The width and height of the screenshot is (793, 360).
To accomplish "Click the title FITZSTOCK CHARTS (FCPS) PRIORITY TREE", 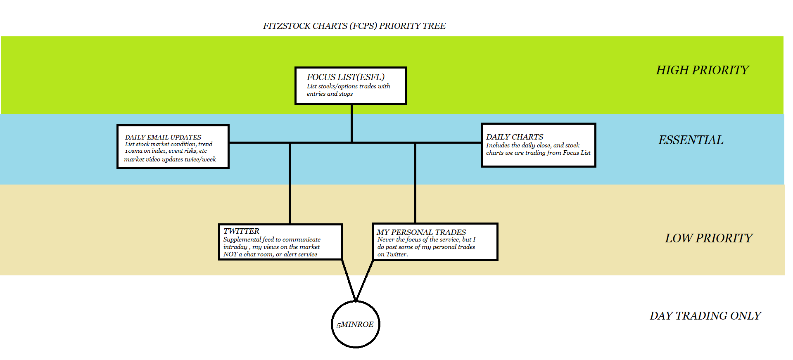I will (x=354, y=26).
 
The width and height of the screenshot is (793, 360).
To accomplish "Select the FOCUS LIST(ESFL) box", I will (x=350, y=86).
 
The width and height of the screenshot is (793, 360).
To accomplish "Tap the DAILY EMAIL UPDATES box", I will (x=173, y=147).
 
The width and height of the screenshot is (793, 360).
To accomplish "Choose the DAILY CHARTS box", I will (x=538, y=145).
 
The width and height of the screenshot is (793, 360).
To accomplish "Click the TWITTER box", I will (x=280, y=242).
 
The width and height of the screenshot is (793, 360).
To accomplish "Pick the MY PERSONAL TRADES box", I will (x=435, y=242).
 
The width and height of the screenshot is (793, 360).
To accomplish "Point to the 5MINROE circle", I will (x=355, y=324).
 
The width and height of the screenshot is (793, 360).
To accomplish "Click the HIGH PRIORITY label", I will (x=702, y=70).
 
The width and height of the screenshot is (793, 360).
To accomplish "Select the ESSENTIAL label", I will (x=691, y=140).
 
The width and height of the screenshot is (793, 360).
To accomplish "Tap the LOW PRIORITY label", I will (x=709, y=238).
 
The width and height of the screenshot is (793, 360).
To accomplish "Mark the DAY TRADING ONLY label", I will (x=705, y=316).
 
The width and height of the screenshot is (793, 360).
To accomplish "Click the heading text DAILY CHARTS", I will (x=515, y=137).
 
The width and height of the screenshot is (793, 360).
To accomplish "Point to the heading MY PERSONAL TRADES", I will (x=421, y=232).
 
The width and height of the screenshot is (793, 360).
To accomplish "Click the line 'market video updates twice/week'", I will (x=170, y=159).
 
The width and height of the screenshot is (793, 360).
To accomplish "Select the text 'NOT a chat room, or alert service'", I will (x=270, y=254).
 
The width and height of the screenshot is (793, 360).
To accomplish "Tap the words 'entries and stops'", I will (x=330, y=94).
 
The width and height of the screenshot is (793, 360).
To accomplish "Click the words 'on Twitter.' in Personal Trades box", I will (x=392, y=254).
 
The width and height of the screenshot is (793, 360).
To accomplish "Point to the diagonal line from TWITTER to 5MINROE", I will (x=348, y=280).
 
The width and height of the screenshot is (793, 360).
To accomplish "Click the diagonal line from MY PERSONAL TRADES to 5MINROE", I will (x=365, y=280).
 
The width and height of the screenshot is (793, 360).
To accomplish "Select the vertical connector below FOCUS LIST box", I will (x=351, y=123).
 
